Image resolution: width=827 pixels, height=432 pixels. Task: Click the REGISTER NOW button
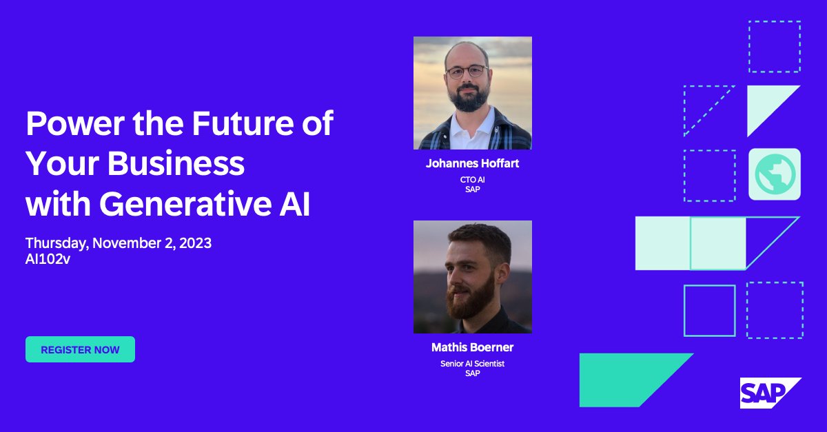point(80,349)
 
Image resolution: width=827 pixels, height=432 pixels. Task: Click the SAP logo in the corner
point(769,393)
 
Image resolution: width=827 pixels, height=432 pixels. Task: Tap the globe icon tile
point(775,174)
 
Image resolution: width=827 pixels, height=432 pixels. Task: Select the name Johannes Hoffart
point(472,164)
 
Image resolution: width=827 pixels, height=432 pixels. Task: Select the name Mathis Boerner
point(472,347)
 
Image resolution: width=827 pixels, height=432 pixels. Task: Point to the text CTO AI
point(472,180)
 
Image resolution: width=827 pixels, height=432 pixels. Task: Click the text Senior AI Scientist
point(472,363)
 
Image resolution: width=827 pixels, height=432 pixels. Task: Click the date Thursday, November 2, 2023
point(119,243)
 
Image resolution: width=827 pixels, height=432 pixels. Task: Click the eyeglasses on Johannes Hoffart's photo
point(467,72)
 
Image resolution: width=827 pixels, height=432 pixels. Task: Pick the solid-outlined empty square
point(709,310)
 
